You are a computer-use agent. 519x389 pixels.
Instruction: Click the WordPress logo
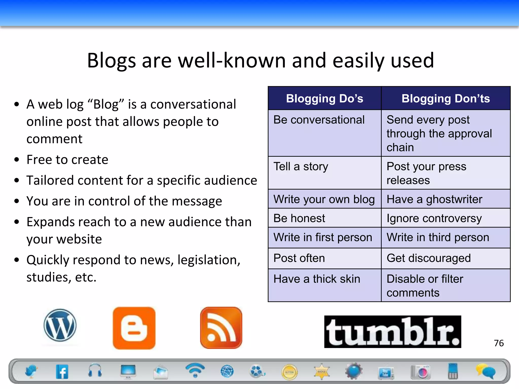click(x=60, y=325)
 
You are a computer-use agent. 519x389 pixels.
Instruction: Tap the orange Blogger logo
click(x=134, y=328)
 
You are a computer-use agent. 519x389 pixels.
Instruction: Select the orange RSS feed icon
click(x=221, y=328)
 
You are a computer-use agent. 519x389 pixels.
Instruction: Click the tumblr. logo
click(x=393, y=332)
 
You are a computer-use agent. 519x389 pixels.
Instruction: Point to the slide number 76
click(x=499, y=343)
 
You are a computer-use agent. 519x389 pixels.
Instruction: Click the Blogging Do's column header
click(x=325, y=99)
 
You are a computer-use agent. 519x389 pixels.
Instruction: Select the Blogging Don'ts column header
click(x=446, y=99)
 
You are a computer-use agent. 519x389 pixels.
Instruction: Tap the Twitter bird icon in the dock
click(x=31, y=372)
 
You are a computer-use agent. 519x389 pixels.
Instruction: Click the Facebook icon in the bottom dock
click(x=62, y=372)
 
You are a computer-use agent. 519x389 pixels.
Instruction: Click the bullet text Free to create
click(x=67, y=160)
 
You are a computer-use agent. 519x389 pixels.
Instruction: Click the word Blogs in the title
click(x=112, y=61)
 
